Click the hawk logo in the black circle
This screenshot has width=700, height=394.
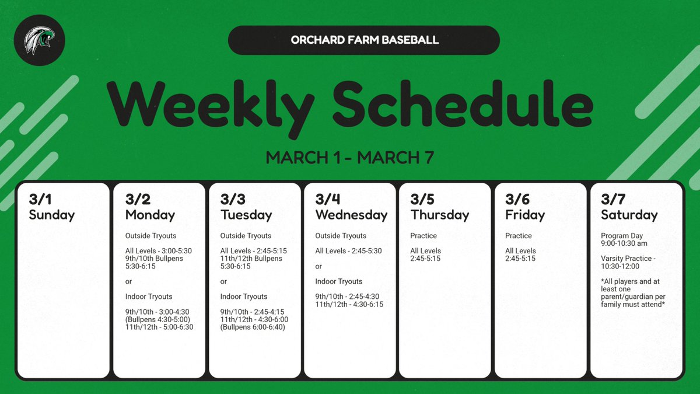tap(40, 40)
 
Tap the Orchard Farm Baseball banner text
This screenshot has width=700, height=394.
tap(364, 40)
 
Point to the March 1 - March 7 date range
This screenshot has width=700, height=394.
tap(349, 158)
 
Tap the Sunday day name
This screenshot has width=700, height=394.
tap(52, 215)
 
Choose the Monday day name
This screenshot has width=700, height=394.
tap(150, 215)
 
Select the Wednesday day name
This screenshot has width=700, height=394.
tap(351, 215)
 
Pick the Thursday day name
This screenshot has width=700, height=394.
tap(440, 215)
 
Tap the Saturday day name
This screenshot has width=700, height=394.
tap(629, 215)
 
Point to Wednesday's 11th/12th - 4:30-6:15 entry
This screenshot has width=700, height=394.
tap(349, 304)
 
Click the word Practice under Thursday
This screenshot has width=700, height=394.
tap(423, 236)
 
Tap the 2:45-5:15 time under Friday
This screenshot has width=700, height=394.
tap(520, 259)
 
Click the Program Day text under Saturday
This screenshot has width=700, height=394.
tap(622, 236)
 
